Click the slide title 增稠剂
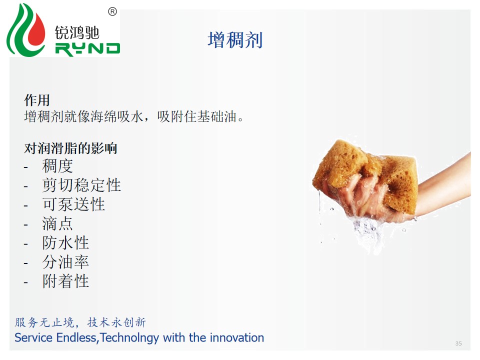[235, 40]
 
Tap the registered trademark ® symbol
[112, 11]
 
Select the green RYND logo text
[87, 49]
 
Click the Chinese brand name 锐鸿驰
[77, 32]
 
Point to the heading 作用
[36, 100]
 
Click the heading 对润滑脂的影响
[70, 148]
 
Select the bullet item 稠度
[57, 166]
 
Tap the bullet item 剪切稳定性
[81, 185]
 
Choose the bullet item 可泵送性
[73, 204]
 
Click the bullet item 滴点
[57, 223]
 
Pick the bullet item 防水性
[65, 243]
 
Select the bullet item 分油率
[65, 262]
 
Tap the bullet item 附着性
[65, 281]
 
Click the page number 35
[458, 343]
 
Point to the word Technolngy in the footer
[129, 338]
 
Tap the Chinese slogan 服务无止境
[44, 322]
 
